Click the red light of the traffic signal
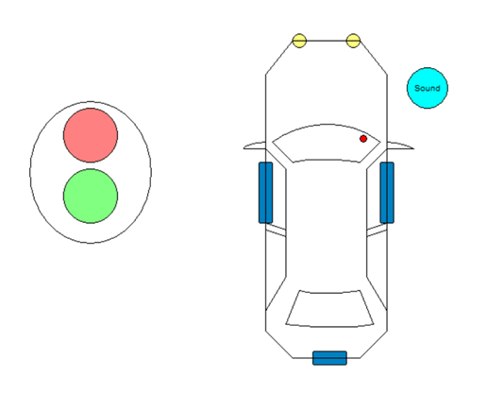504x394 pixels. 91,135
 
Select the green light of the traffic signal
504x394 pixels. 91,196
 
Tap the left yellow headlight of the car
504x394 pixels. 299,41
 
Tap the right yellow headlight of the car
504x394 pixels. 353,41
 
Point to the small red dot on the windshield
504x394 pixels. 363,138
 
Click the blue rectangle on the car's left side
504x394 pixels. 266,193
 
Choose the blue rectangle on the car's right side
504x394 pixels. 387,193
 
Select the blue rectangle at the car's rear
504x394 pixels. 329,358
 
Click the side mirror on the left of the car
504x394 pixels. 255,146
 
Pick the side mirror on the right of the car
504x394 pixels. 400,146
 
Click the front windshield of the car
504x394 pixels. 327,144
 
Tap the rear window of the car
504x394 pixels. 329,309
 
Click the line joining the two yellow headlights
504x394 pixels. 327,41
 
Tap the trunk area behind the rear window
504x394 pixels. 327,342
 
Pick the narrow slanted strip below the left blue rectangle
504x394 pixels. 276,231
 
